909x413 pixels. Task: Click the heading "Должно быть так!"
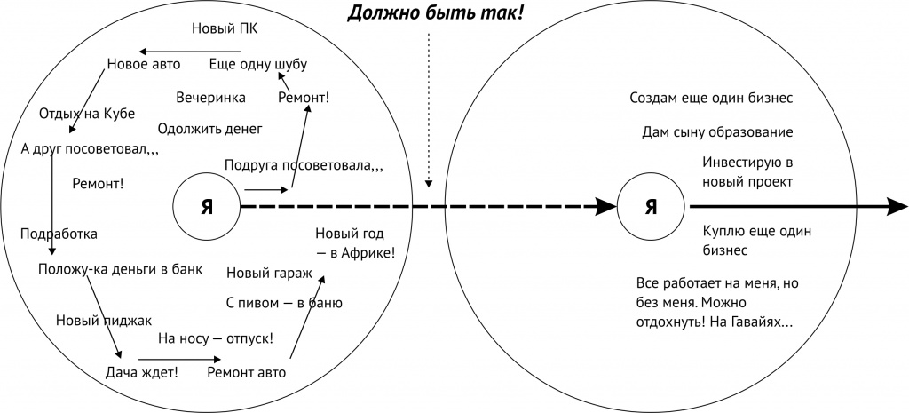click(435, 12)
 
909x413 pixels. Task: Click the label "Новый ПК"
click(225, 29)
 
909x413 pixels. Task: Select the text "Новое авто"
click(144, 64)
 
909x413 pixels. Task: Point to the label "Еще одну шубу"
click(258, 64)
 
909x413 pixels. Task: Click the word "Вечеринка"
click(210, 98)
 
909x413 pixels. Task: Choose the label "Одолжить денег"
click(209, 129)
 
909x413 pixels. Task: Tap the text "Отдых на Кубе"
click(87, 114)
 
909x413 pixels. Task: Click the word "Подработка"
click(59, 234)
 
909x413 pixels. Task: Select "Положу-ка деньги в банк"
click(121, 270)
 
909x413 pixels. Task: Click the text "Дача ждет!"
click(141, 372)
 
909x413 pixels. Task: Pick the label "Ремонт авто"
click(247, 372)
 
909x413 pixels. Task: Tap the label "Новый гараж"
click(269, 273)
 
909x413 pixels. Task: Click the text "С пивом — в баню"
click(284, 303)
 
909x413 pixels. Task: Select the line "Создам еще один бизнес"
click(711, 98)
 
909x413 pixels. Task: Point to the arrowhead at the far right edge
click(897, 207)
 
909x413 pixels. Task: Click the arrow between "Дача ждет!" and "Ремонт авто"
click(179, 360)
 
